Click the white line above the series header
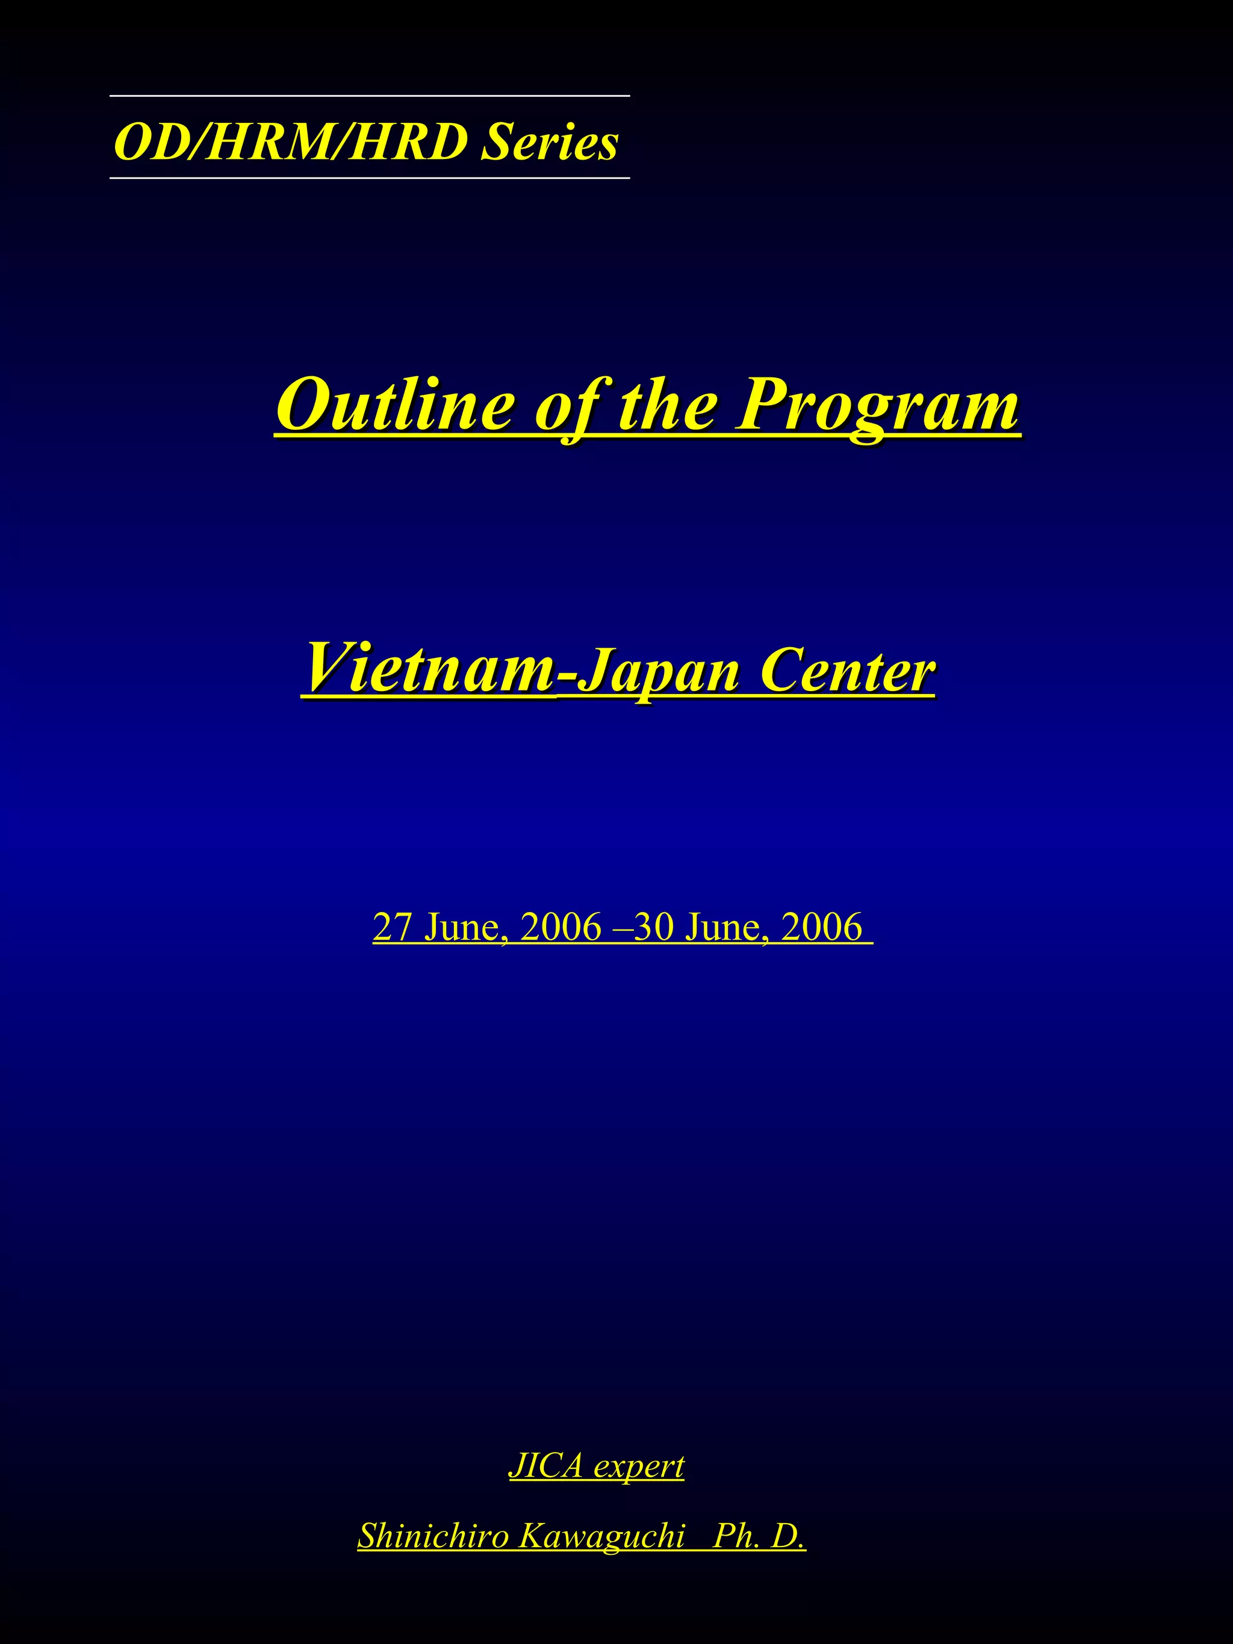(370, 96)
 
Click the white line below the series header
(370, 178)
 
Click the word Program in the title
(877, 405)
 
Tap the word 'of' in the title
(573, 405)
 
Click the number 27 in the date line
(393, 927)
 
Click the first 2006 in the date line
(561, 927)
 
